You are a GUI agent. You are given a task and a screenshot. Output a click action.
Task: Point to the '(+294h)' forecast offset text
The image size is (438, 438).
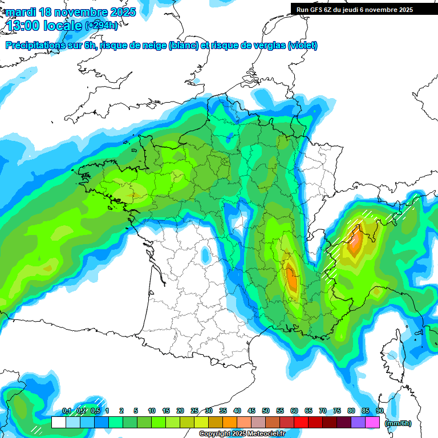pyautogui.click(x=101, y=26)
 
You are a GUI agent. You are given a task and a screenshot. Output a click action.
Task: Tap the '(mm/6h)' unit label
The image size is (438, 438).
pyautogui.click(x=398, y=423)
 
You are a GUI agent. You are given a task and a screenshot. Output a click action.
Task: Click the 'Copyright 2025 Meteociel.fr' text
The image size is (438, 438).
pyautogui.click(x=242, y=434)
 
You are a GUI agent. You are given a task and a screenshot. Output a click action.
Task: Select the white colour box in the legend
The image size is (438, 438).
pyautogui.click(x=58, y=423)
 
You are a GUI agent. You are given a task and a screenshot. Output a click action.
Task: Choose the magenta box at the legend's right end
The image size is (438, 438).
pyautogui.click(x=372, y=423)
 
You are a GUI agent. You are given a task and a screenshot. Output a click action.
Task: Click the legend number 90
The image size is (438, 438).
pyautogui.click(x=380, y=411)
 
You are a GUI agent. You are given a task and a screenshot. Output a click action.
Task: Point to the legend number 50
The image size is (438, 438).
pyautogui.click(x=266, y=411)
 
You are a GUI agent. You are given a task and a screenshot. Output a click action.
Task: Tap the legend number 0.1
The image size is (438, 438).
pyautogui.click(x=66, y=411)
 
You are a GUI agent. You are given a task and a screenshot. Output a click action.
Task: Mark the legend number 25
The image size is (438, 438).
pyautogui.click(x=194, y=411)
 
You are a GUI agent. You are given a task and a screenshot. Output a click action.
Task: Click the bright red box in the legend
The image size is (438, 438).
pyautogui.click(x=301, y=423)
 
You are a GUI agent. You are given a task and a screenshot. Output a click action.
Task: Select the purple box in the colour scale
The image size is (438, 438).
pyautogui.click(x=358, y=423)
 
